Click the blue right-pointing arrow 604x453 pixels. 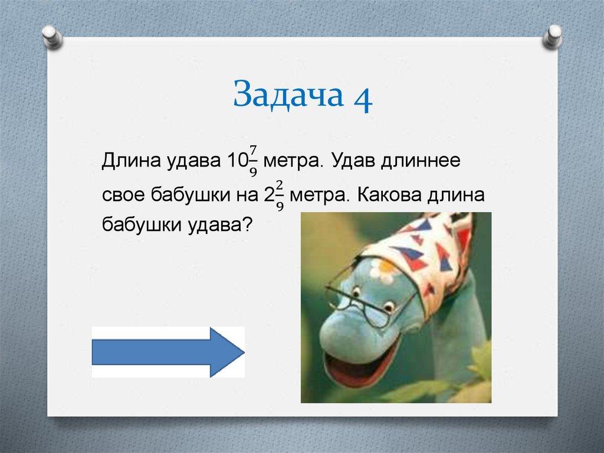pos(168,352)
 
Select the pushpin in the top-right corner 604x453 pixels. pos(553,37)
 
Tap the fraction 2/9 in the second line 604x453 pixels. pos(280,195)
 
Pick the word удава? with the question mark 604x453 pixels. pos(219,225)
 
